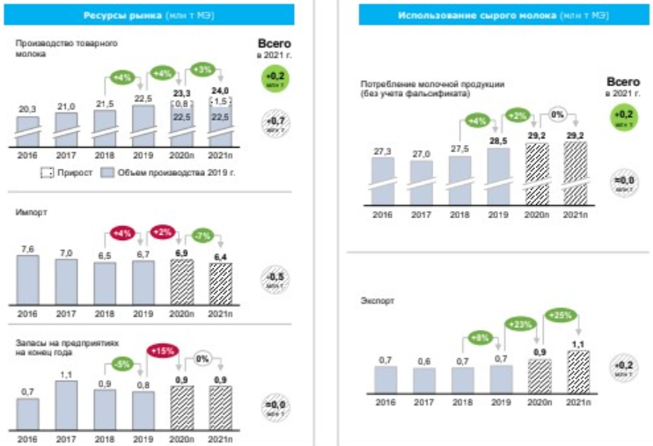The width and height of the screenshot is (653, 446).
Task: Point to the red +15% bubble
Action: point(163,350)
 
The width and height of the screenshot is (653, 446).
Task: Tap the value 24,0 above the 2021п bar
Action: point(219,91)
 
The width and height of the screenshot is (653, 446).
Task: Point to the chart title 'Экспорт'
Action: point(376,301)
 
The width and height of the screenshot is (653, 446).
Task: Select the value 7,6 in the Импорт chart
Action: point(27,248)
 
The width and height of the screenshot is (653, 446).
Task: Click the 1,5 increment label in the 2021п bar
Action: point(219,101)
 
